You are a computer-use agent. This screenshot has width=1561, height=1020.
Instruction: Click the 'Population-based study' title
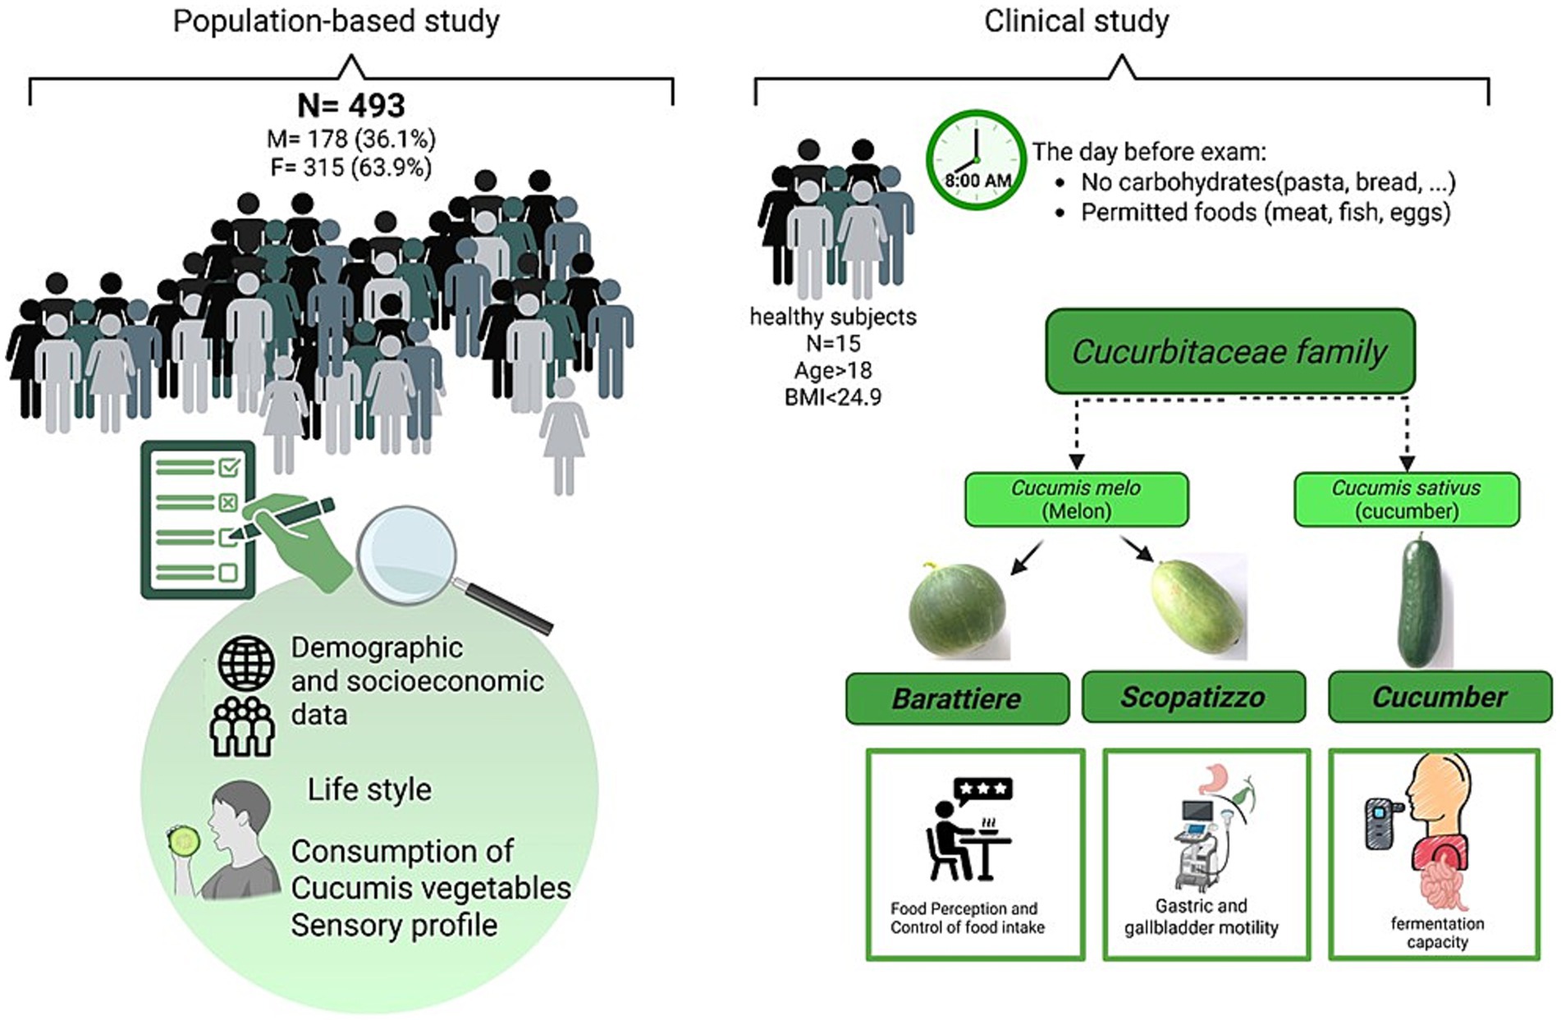[x=336, y=21]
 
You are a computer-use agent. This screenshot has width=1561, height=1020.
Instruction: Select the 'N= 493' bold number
[x=351, y=106]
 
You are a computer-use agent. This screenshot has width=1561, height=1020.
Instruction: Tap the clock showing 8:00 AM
[x=976, y=159]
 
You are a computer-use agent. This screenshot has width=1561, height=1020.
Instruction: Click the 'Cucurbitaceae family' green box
[x=1229, y=351]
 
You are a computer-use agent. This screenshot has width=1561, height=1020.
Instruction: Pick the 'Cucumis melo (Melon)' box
[x=1075, y=499]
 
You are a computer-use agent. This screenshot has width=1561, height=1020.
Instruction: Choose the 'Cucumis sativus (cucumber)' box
[x=1406, y=499]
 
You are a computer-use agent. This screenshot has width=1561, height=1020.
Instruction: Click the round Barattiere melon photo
[x=957, y=610]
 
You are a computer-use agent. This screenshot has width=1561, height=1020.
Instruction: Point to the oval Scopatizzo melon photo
[x=1197, y=606]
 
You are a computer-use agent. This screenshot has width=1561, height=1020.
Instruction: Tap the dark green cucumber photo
[x=1420, y=601]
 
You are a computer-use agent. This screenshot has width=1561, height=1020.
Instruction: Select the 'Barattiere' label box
[x=957, y=698]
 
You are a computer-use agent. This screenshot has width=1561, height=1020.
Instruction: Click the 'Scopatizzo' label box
[x=1192, y=698]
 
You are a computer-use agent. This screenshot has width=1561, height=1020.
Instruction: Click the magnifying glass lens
[x=407, y=555]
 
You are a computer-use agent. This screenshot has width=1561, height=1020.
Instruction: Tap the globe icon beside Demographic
[x=245, y=662]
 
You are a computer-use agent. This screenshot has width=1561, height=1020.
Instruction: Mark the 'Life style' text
[x=369, y=789]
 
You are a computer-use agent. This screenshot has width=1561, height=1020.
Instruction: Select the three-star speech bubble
[x=983, y=789]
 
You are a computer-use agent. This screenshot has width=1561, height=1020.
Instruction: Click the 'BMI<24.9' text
[x=832, y=398]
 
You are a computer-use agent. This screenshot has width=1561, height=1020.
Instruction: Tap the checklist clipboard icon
[x=198, y=519]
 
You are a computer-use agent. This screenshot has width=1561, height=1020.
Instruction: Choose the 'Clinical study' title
[x=1076, y=21]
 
